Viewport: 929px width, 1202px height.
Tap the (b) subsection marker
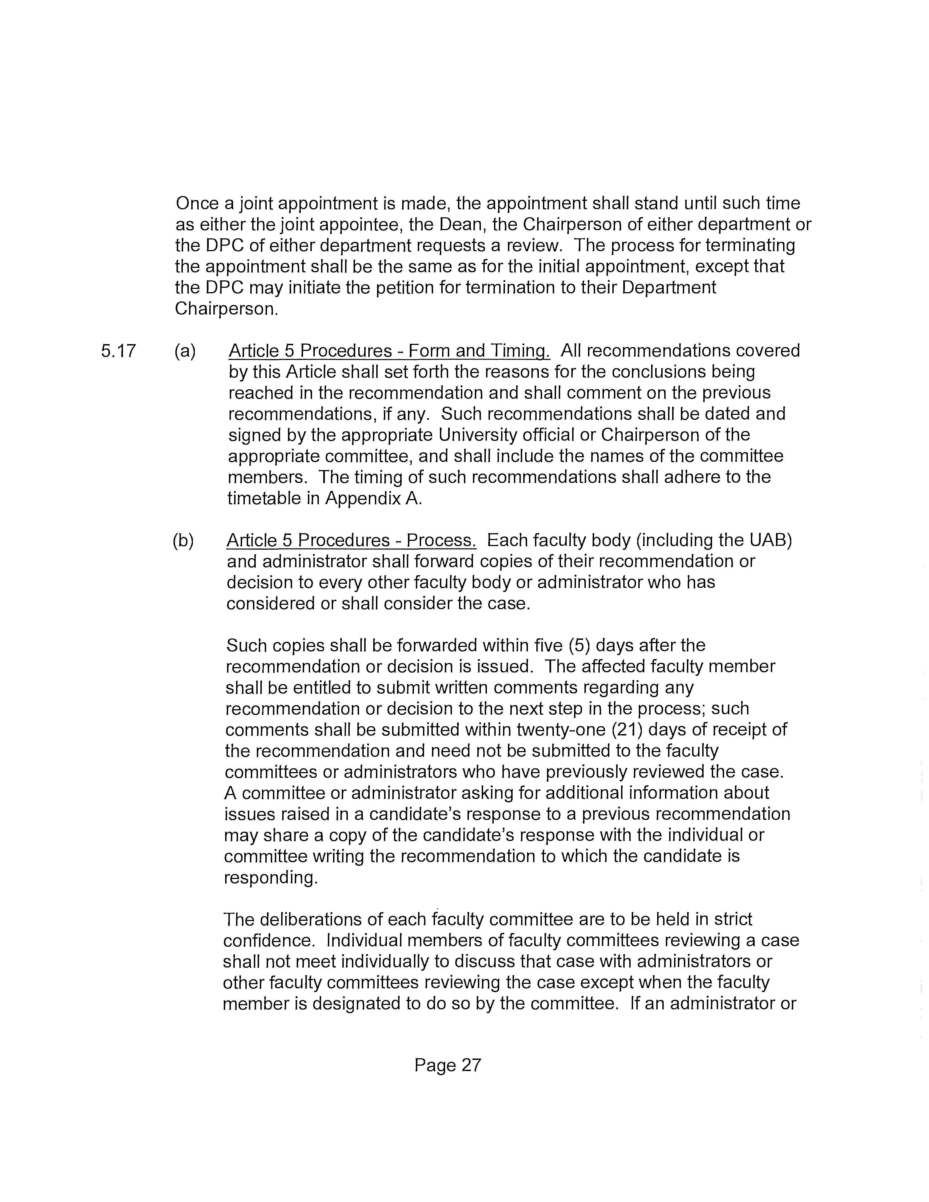(183, 540)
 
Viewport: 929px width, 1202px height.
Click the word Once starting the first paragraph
(197, 204)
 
